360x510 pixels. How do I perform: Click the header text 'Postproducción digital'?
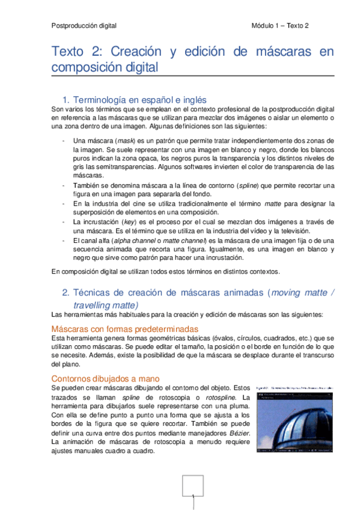pyautogui.click(x=84, y=26)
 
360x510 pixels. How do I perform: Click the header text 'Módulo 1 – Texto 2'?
pyautogui.click(x=279, y=26)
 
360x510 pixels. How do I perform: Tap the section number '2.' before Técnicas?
pyautogui.click(x=66, y=293)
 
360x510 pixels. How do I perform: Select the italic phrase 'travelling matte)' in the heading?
pyautogui.click(x=106, y=305)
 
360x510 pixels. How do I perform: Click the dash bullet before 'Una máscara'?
pyautogui.click(x=64, y=140)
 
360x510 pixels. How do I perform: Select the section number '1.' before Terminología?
pyautogui.click(x=66, y=99)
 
